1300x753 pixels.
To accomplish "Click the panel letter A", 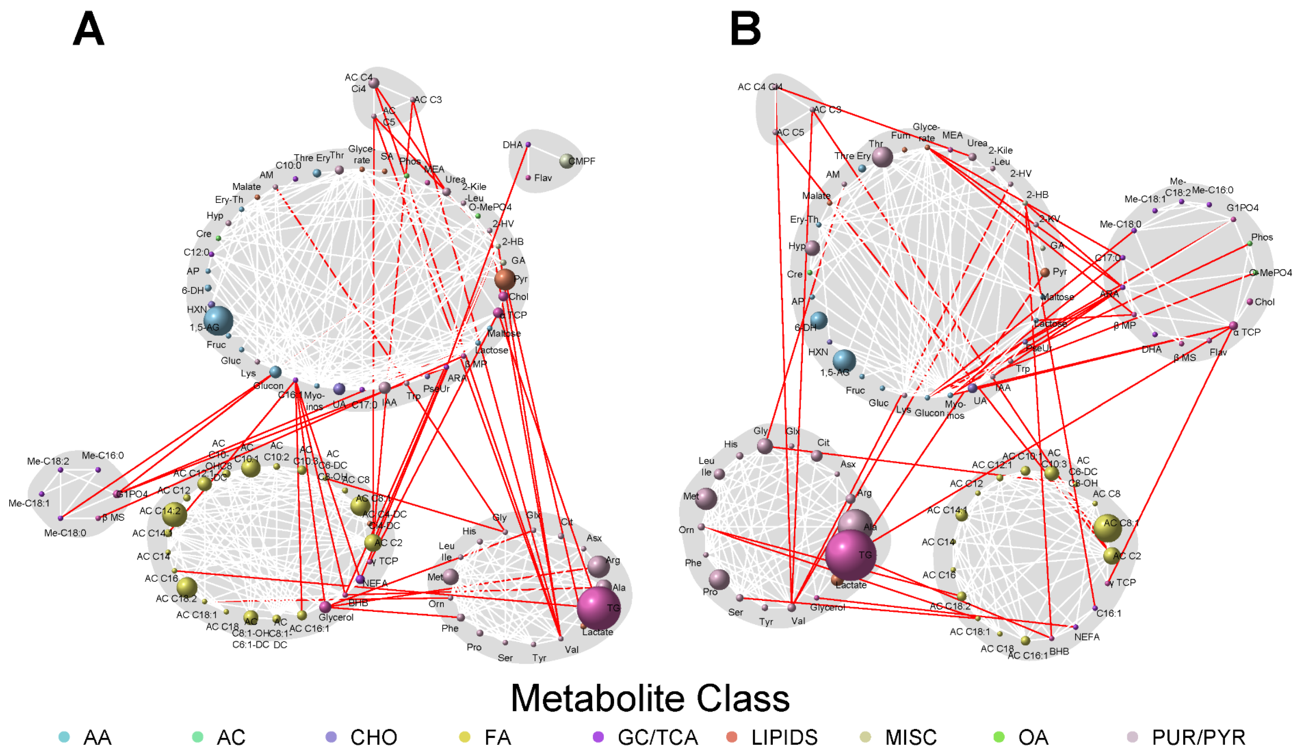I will click(89, 29).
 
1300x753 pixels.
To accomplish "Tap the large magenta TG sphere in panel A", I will click(598, 608).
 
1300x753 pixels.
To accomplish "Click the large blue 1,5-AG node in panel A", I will click(218, 321).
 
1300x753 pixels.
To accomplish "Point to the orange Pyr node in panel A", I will click(505, 279).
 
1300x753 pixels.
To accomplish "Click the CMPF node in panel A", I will click(567, 161).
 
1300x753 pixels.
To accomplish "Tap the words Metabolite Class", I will click(650, 698).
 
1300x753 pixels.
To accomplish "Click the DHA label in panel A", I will click(512, 145).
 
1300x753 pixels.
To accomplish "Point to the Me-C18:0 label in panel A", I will click(65, 533).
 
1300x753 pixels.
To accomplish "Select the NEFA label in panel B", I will click(1087, 637).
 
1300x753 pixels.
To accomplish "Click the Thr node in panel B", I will click(882, 157).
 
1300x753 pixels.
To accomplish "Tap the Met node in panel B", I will click(706, 499).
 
